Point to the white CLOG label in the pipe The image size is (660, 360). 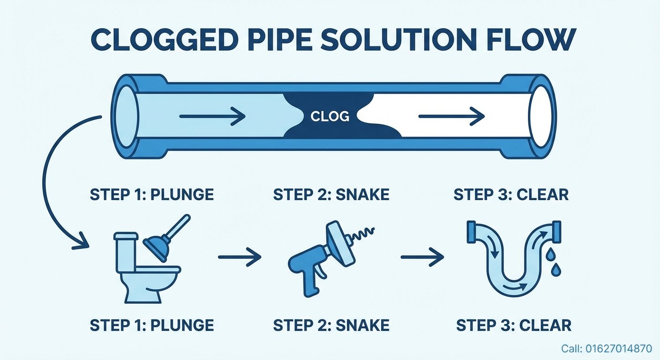(330, 116)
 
